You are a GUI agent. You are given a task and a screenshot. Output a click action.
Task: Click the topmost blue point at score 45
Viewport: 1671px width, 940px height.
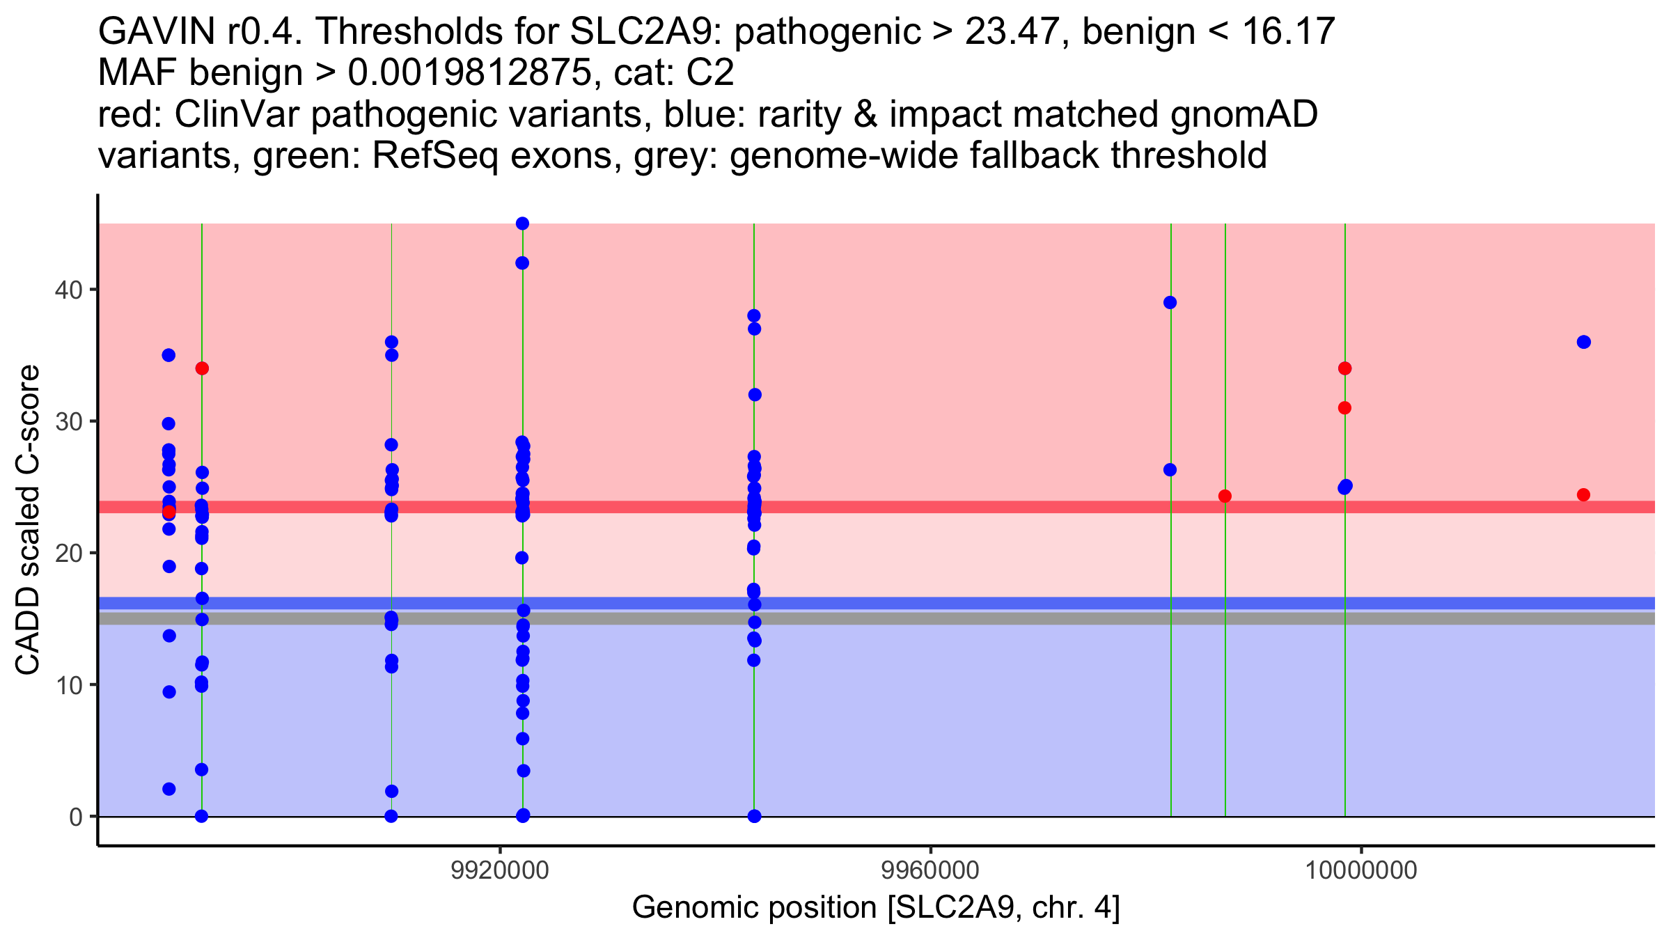[522, 224]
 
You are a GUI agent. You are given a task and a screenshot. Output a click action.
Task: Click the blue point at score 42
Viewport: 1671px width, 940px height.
[522, 263]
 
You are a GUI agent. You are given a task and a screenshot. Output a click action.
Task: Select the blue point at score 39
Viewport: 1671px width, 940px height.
[1170, 303]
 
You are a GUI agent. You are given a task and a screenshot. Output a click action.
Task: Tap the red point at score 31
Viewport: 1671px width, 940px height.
[1344, 408]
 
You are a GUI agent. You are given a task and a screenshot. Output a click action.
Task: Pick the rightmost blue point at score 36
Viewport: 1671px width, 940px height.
[1584, 342]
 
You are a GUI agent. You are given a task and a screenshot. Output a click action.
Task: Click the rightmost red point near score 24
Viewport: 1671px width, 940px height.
[1583, 495]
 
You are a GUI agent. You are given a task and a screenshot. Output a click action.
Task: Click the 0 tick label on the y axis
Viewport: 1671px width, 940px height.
[76, 817]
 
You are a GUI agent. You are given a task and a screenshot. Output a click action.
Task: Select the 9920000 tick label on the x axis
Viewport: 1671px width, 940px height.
[500, 871]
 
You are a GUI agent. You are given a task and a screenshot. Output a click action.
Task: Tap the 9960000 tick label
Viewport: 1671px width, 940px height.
[931, 871]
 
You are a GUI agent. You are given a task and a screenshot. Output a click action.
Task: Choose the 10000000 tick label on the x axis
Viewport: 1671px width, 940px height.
[1360, 871]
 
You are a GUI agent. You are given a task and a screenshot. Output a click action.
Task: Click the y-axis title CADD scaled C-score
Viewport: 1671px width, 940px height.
[28, 520]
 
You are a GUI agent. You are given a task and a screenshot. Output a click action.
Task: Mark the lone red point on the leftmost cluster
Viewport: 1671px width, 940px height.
[168, 512]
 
